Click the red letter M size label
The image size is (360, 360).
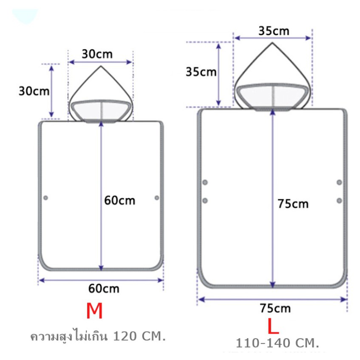[94, 311]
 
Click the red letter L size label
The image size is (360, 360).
[273, 326]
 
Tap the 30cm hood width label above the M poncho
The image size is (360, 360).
[97, 54]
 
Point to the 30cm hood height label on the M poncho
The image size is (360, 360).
[34, 91]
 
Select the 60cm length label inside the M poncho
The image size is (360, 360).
[119, 200]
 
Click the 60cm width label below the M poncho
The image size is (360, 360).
[104, 289]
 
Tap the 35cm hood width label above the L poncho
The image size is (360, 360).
[274, 31]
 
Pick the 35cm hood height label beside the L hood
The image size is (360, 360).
[201, 72]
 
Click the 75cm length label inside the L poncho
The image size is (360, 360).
[293, 204]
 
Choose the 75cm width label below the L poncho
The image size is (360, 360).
[275, 308]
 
